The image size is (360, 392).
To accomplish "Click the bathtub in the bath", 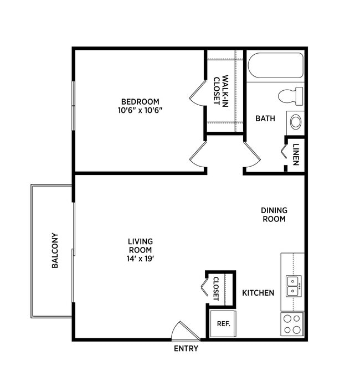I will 275,66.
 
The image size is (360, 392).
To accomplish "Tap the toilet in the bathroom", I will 291,96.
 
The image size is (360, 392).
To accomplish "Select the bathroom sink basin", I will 296,121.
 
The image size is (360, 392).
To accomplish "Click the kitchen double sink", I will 293,286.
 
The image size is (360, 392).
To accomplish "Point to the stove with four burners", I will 292,324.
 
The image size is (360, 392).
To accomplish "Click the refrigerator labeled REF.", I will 223,324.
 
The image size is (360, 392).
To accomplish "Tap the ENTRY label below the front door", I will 186,349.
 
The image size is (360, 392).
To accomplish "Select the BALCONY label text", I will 55,250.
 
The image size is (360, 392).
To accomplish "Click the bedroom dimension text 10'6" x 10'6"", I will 140,110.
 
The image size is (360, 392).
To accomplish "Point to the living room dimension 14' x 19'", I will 140,258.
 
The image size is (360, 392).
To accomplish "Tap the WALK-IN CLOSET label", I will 221,90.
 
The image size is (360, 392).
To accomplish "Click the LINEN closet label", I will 296,154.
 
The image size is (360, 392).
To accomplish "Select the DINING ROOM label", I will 274,215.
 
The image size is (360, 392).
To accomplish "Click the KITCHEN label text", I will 258,293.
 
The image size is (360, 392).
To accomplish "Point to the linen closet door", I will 284,151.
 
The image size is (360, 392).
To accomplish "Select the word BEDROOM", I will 140,101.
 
